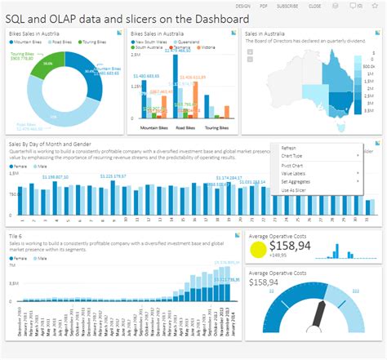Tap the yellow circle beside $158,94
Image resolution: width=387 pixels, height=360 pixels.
pyautogui.click(x=258, y=250)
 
